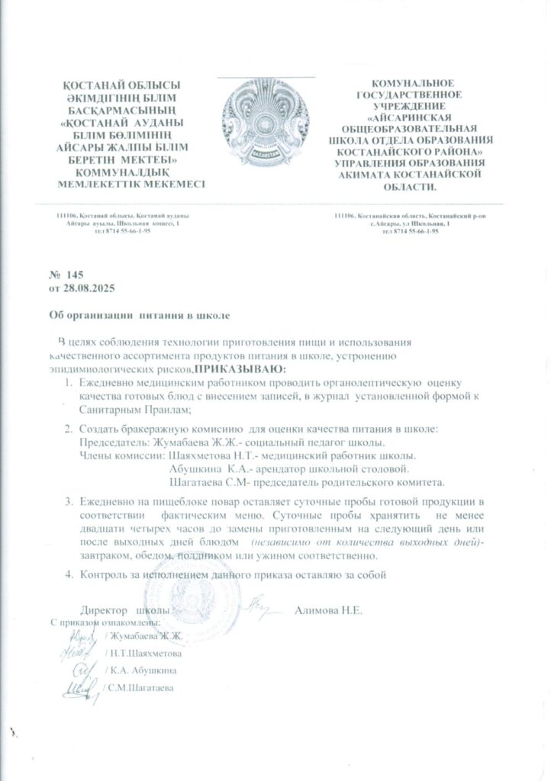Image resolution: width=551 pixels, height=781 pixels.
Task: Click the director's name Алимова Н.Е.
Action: (x=332, y=610)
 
